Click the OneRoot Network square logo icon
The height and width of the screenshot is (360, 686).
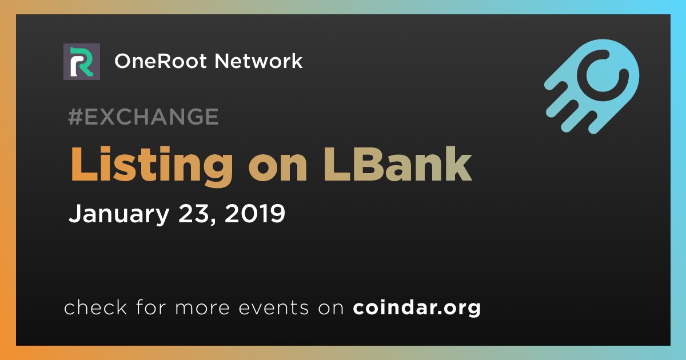coord(81,62)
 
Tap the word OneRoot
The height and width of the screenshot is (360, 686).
coord(161,61)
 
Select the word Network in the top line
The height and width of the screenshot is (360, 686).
coord(258,61)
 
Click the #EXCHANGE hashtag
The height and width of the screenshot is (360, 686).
coord(143,117)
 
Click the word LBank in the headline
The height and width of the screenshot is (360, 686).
coord(397,164)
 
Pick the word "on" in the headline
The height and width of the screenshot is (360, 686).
coord(278,169)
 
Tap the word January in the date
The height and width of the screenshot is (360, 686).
coord(119,214)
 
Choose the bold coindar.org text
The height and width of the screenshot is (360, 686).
coord(417,307)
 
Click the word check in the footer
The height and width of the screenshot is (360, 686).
coord(95,307)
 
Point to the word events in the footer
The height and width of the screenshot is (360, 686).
coord(273,308)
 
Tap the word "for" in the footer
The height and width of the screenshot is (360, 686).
coord(151,307)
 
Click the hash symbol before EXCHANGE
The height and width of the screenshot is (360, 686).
coord(75,117)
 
